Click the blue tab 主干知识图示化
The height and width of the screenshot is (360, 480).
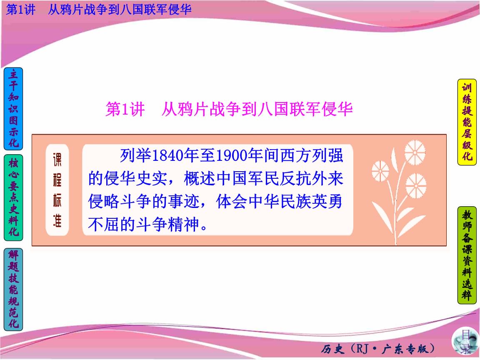click(13, 109)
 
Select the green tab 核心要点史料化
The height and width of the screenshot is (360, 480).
click(13, 198)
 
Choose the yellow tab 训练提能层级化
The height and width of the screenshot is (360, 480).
click(467, 122)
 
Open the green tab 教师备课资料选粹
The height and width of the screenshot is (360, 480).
click(467, 255)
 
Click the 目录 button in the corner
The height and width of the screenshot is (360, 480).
click(463, 343)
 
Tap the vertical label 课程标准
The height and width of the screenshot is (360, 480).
click(57, 190)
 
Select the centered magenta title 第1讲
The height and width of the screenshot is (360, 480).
click(125, 109)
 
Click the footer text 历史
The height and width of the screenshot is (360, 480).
click(332, 349)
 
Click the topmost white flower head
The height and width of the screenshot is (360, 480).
click(415, 152)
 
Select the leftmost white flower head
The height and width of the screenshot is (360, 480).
click(380, 170)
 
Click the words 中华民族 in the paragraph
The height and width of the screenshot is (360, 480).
click(288, 202)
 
